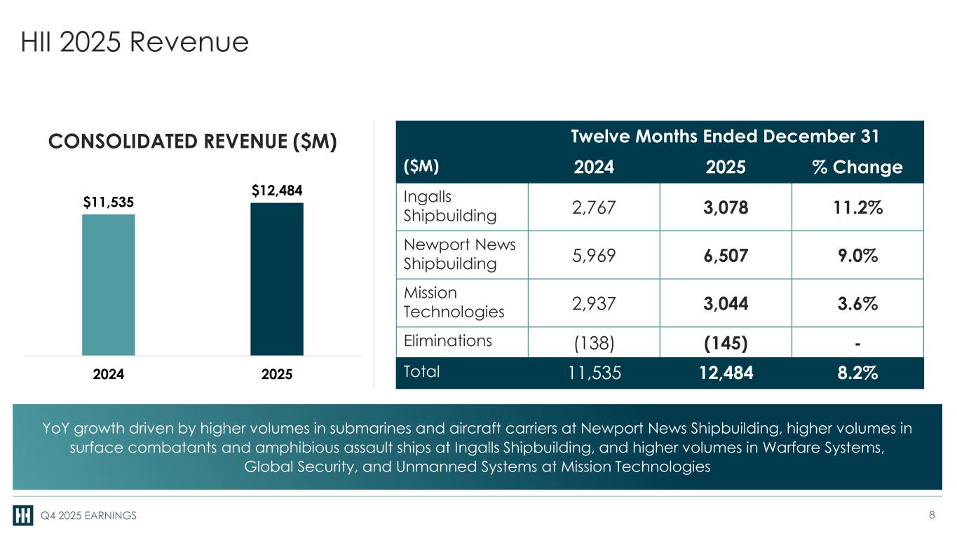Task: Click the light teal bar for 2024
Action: (109, 285)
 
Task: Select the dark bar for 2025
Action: (277, 279)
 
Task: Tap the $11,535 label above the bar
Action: (109, 202)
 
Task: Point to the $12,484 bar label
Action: (277, 191)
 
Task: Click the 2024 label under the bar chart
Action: (109, 374)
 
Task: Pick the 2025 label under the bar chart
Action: (277, 374)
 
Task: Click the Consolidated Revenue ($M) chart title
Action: (193, 142)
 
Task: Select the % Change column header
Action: (857, 167)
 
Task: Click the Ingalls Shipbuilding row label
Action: (450, 206)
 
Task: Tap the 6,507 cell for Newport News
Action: (726, 256)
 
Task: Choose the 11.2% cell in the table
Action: (858, 208)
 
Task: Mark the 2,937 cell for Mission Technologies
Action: (594, 304)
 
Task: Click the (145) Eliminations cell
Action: (726, 343)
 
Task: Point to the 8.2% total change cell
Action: (857, 373)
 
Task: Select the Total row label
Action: (421, 371)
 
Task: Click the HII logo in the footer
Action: (22, 515)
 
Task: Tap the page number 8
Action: (932, 514)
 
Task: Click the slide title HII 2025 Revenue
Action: (135, 42)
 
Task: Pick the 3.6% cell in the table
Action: (857, 304)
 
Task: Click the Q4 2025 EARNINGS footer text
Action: (88, 516)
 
